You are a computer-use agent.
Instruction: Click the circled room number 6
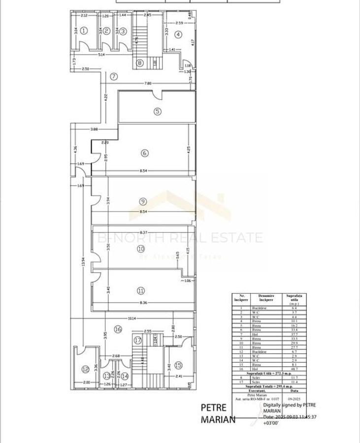pyautogui.click(x=144, y=153)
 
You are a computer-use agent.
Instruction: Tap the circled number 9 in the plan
pyautogui.click(x=143, y=201)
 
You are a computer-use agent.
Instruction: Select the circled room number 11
pyautogui.click(x=141, y=290)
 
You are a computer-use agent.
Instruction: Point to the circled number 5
pyautogui.click(x=157, y=111)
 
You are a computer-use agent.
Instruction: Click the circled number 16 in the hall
pyautogui.click(x=117, y=329)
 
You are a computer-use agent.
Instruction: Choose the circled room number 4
pyautogui.click(x=178, y=34)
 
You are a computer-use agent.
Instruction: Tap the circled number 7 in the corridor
pyautogui.click(x=114, y=76)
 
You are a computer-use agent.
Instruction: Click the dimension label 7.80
pyautogui.click(x=148, y=83)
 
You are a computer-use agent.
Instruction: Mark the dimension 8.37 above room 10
pyautogui.click(x=144, y=232)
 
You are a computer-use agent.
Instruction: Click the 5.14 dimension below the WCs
pyautogui.click(x=101, y=55)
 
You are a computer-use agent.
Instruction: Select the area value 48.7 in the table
pyautogui.click(x=294, y=369)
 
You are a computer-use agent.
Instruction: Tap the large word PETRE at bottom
pyautogui.click(x=214, y=408)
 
